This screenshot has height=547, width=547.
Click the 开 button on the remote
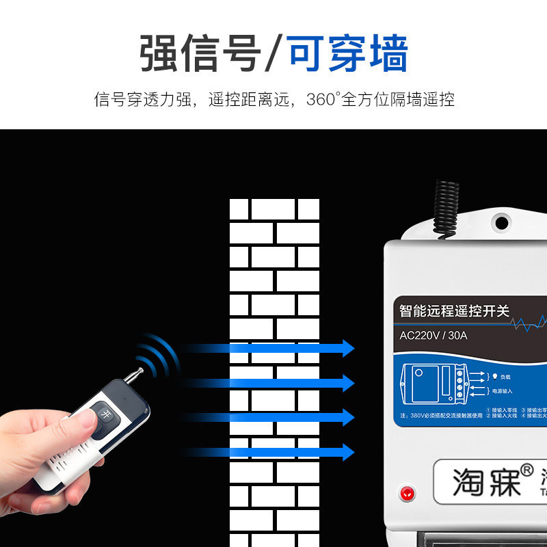click(x=105, y=414)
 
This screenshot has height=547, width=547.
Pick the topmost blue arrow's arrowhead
click(x=347, y=348)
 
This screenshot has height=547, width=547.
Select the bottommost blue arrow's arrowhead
click(x=347, y=451)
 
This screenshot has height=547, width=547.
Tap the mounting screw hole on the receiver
click(x=502, y=222)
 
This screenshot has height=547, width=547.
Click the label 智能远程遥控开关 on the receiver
click(x=454, y=310)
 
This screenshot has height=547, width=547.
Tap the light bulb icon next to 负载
click(x=495, y=376)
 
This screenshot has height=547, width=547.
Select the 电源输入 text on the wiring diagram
click(x=503, y=391)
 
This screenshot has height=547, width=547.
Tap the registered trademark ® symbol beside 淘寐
click(x=526, y=470)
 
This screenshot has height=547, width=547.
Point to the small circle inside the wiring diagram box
click(x=416, y=376)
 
